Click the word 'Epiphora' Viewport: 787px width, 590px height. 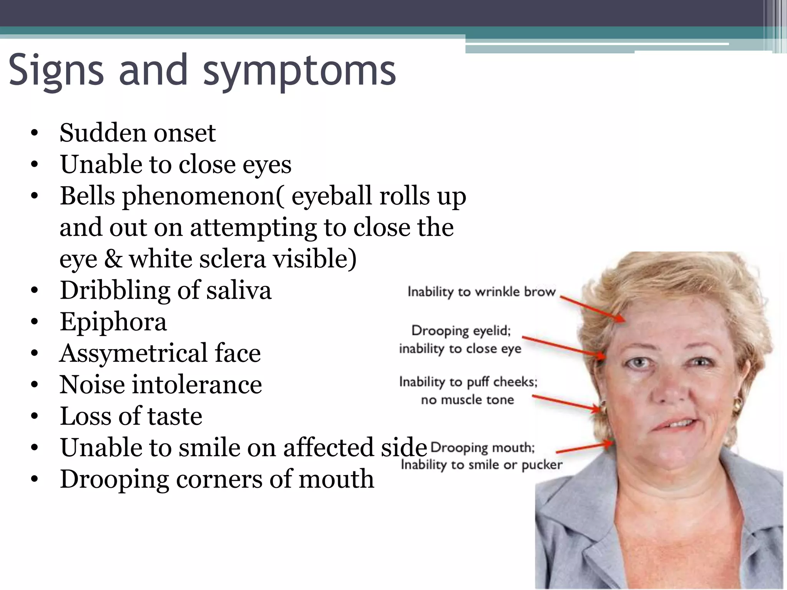(113, 322)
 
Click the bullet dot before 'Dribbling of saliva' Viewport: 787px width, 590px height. (35, 291)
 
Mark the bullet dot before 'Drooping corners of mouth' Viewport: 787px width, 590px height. (35, 480)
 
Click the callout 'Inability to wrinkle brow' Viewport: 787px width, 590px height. (481, 292)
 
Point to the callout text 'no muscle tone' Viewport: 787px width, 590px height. (467, 400)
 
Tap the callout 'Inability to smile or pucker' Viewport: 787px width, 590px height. (481, 465)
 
